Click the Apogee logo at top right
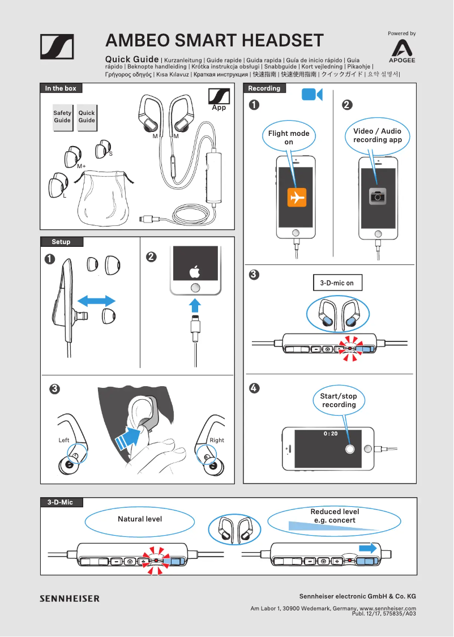(x=402, y=50)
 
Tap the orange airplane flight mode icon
(x=297, y=197)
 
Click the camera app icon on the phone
(x=378, y=196)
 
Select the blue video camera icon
(x=311, y=95)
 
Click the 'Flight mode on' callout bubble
(x=289, y=138)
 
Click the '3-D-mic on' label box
(x=337, y=283)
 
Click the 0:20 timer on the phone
(x=331, y=434)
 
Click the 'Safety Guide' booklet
(x=62, y=117)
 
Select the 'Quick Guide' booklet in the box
(x=87, y=117)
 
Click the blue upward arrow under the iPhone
(x=195, y=306)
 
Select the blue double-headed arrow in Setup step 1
(x=96, y=300)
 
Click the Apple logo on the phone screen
(x=195, y=271)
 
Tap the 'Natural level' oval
(x=139, y=519)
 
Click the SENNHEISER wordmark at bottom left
(x=69, y=598)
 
